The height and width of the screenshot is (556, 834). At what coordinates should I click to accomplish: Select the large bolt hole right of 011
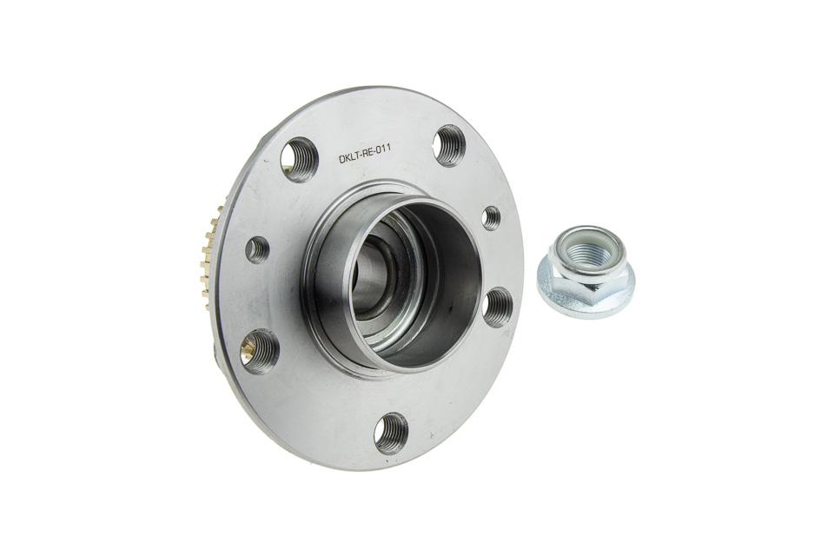449,143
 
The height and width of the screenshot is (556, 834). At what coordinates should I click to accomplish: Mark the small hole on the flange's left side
259,249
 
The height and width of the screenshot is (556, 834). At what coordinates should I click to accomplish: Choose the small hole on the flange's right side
492,216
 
